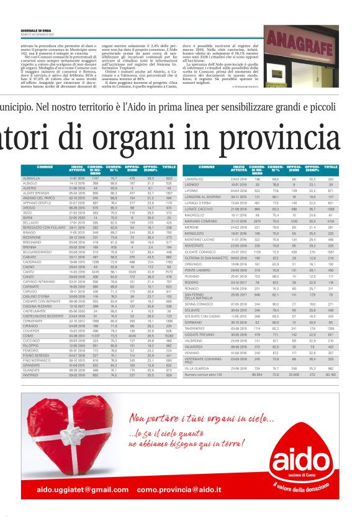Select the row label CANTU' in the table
click(29, 271)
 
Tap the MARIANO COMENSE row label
click(200, 221)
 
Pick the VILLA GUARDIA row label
click(197, 369)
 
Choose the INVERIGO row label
click(30, 375)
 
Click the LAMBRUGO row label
click(195, 178)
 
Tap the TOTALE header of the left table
click(167, 168)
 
